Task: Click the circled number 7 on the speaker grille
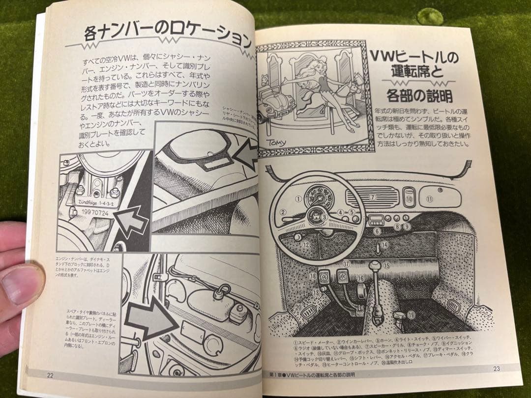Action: [x=372, y=197]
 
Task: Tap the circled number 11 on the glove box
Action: [x=429, y=199]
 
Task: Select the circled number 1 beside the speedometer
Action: [x=298, y=199]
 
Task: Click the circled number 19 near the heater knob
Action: [x=411, y=314]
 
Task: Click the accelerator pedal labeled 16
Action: [x=361, y=291]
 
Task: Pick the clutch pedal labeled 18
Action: [x=324, y=276]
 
